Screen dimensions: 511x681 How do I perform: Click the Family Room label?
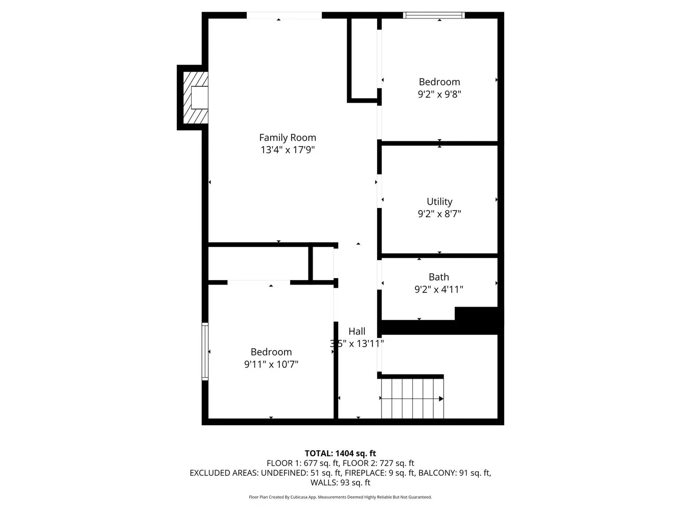(x=287, y=137)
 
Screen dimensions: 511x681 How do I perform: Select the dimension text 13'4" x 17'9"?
(x=287, y=150)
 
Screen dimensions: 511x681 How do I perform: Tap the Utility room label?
(x=439, y=201)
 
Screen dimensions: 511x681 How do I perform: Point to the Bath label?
(x=438, y=277)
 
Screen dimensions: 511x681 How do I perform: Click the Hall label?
(x=357, y=331)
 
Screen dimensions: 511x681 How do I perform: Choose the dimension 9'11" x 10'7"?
(x=271, y=364)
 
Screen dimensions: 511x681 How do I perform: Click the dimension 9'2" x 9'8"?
(x=439, y=94)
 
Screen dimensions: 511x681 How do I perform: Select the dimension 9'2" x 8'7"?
(x=439, y=214)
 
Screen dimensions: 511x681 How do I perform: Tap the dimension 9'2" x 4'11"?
(x=438, y=289)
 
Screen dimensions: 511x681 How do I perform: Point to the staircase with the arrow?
(x=412, y=398)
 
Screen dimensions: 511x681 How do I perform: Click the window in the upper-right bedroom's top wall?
(x=434, y=15)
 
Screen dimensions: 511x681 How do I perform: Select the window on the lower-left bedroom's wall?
(x=205, y=352)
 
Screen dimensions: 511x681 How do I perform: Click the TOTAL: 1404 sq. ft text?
(x=340, y=453)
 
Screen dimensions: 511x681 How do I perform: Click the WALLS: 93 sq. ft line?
(x=340, y=482)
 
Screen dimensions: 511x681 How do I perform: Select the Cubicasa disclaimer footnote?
(x=340, y=497)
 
